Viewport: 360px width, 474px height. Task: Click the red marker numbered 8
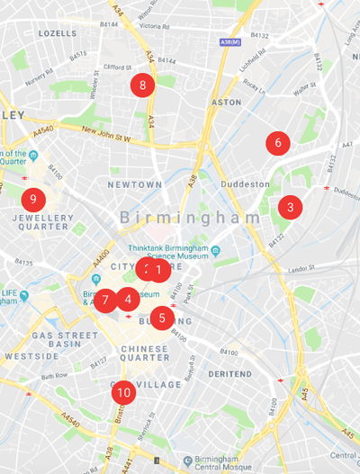click(x=142, y=85)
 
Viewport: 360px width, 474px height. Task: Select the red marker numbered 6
click(x=278, y=142)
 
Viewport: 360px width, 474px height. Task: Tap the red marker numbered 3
click(x=290, y=207)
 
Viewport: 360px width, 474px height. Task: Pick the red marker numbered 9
click(x=32, y=198)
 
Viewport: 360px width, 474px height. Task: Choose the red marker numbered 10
click(x=124, y=392)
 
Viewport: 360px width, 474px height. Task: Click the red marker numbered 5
click(x=162, y=317)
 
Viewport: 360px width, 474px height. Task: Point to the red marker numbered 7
click(x=105, y=300)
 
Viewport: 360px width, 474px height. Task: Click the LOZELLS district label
click(x=58, y=33)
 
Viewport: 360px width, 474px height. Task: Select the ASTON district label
click(x=226, y=103)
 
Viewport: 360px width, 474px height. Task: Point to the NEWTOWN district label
click(x=134, y=184)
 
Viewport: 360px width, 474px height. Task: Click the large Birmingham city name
click(x=190, y=218)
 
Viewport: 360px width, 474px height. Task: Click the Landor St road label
click(x=301, y=269)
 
